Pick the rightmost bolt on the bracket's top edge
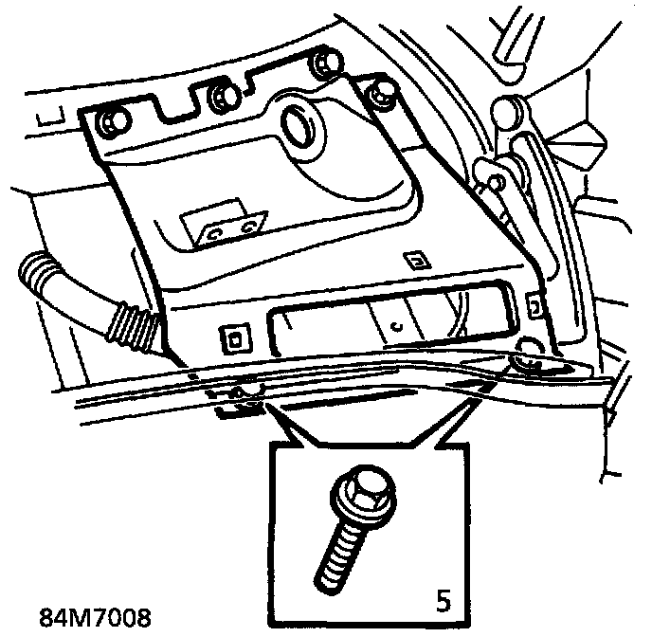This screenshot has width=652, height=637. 382,93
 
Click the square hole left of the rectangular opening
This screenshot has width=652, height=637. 232,336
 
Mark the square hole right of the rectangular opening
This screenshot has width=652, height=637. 534,304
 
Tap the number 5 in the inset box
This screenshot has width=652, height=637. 443,599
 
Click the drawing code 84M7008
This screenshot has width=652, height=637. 95,618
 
